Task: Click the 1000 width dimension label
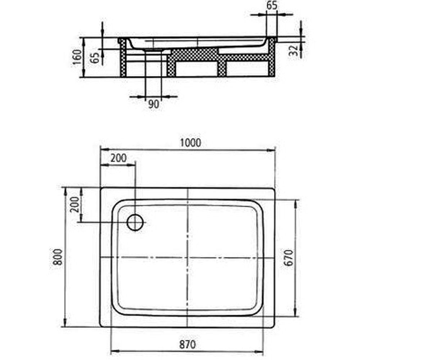(x=190, y=143)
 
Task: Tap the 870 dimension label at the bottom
(x=188, y=345)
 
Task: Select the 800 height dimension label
(x=58, y=257)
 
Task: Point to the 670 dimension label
(x=289, y=258)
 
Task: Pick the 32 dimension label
(x=294, y=50)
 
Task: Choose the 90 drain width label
(x=154, y=104)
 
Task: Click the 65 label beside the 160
(x=95, y=58)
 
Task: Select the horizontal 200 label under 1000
(x=118, y=158)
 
